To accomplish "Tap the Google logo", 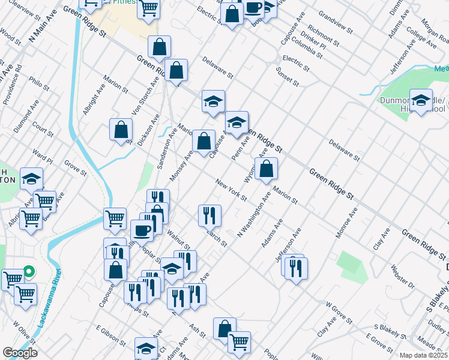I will [20, 353].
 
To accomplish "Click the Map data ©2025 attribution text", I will [423, 355].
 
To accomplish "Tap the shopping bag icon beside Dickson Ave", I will [121, 129].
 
